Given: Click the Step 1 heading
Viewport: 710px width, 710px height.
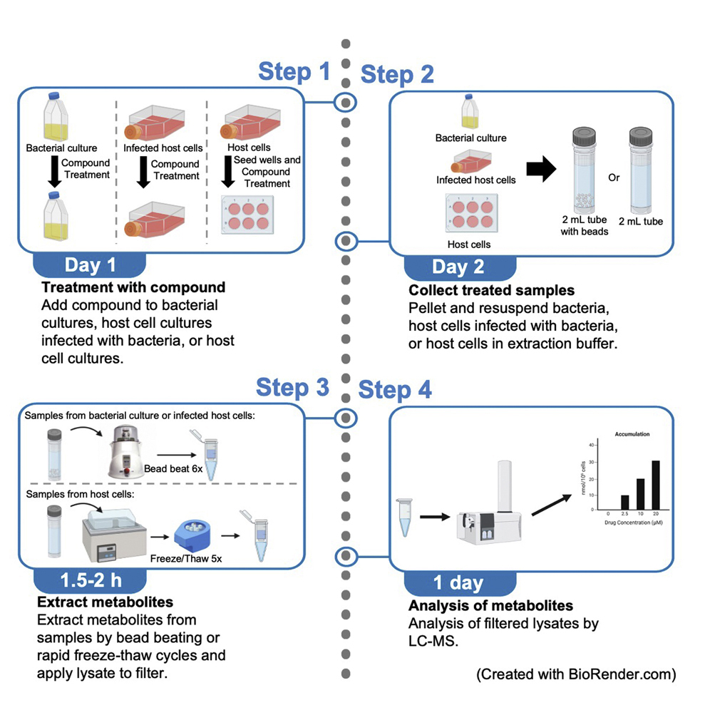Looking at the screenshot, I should pyautogui.click(x=294, y=72).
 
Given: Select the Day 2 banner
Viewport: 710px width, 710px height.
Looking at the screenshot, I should pyautogui.click(x=458, y=267).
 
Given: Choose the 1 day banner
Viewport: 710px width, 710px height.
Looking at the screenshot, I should pyautogui.click(x=458, y=582).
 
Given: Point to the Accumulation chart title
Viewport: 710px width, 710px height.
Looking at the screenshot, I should pyautogui.click(x=632, y=433).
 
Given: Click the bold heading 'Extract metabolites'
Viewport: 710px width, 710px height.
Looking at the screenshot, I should pyautogui.click(x=107, y=604).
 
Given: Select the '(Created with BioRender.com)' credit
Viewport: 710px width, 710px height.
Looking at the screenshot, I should pyautogui.click(x=575, y=674).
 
